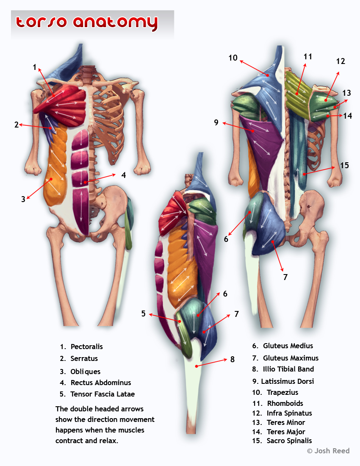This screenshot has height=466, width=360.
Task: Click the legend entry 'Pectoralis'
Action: (86, 347)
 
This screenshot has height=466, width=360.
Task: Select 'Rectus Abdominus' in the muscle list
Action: (101, 383)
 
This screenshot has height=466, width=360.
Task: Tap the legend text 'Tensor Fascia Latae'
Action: (102, 394)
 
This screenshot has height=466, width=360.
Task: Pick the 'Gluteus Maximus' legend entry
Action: (291, 358)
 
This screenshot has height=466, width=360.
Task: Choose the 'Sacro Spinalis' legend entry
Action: (289, 441)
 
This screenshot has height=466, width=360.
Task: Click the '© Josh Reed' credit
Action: (328, 451)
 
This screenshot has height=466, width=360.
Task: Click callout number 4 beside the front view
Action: (123, 175)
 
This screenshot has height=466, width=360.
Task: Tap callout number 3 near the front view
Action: (23, 199)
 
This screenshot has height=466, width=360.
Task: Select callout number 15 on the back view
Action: (344, 165)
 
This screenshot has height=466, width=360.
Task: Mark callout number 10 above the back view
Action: (233, 58)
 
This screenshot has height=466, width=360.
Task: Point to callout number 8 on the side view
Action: (232, 360)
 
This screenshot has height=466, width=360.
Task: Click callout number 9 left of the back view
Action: (216, 123)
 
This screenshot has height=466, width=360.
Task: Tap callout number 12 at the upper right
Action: (341, 61)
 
